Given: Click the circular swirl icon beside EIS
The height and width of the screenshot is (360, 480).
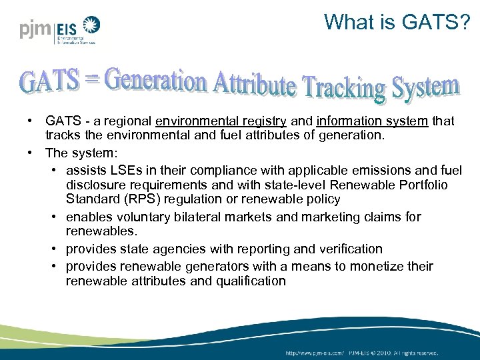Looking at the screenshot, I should click(x=90, y=27).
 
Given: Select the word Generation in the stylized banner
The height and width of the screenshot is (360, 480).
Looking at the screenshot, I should click(x=155, y=81).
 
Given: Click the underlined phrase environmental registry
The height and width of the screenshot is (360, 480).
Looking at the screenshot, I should click(x=221, y=121).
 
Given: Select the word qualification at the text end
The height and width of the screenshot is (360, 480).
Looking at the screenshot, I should click(x=249, y=281).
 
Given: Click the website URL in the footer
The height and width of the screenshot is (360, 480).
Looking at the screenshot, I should click(x=315, y=352).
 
